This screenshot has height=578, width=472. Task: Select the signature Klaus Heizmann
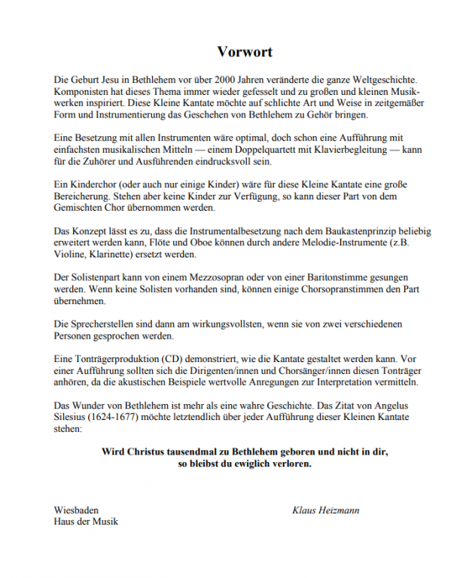point(325,510)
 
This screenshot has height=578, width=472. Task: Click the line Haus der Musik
point(86,522)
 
